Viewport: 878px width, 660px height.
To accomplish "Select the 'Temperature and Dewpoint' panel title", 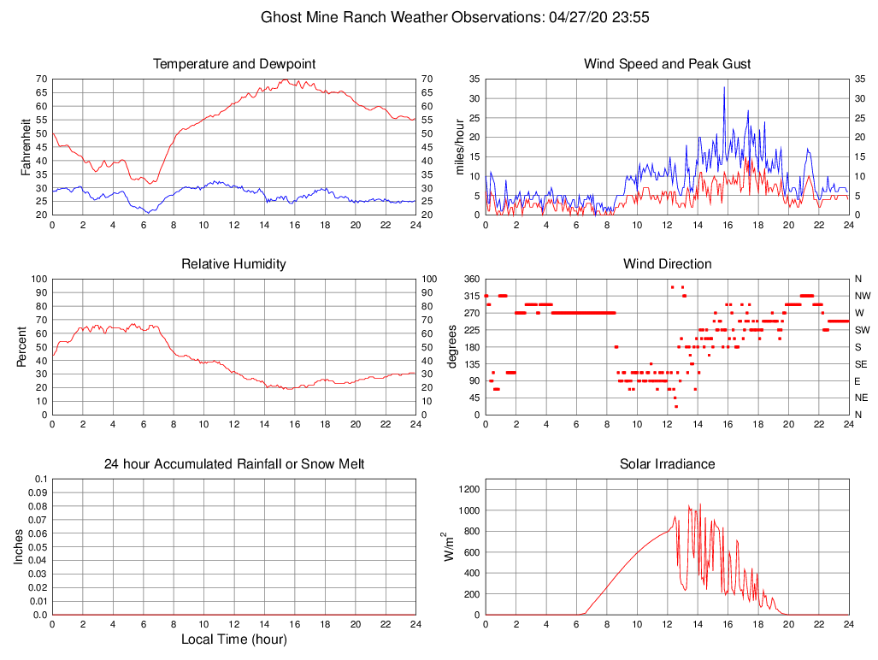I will [x=234, y=64].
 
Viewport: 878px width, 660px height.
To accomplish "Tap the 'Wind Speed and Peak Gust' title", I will [x=667, y=64].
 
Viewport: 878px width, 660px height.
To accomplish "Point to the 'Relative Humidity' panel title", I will [x=234, y=264].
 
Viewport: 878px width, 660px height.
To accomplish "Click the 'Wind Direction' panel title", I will [x=667, y=264].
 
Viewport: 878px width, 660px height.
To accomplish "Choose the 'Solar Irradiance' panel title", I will [x=667, y=464].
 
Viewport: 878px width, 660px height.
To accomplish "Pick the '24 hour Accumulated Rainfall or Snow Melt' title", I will [x=234, y=464].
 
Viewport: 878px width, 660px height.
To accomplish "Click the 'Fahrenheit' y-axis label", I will [x=27, y=147].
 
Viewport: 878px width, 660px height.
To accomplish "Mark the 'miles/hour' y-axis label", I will [x=459, y=147].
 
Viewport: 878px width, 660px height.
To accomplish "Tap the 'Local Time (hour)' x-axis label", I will [x=234, y=639].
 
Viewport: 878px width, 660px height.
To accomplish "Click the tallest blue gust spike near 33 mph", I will [x=724, y=87].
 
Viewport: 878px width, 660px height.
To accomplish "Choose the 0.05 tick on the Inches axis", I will [x=38, y=547].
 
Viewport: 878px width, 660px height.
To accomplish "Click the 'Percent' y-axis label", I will [x=21, y=347].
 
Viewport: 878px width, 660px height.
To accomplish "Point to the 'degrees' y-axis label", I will [x=454, y=347].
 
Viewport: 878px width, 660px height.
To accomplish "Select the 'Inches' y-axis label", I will [x=20, y=547].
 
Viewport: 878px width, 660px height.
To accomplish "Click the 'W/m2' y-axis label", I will [x=449, y=547].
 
